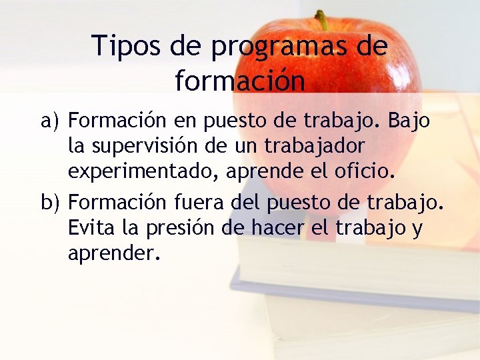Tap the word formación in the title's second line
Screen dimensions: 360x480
[240, 81]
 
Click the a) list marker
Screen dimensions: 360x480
[51, 121]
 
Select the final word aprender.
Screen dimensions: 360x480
[114, 253]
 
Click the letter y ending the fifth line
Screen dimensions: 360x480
[417, 228]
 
